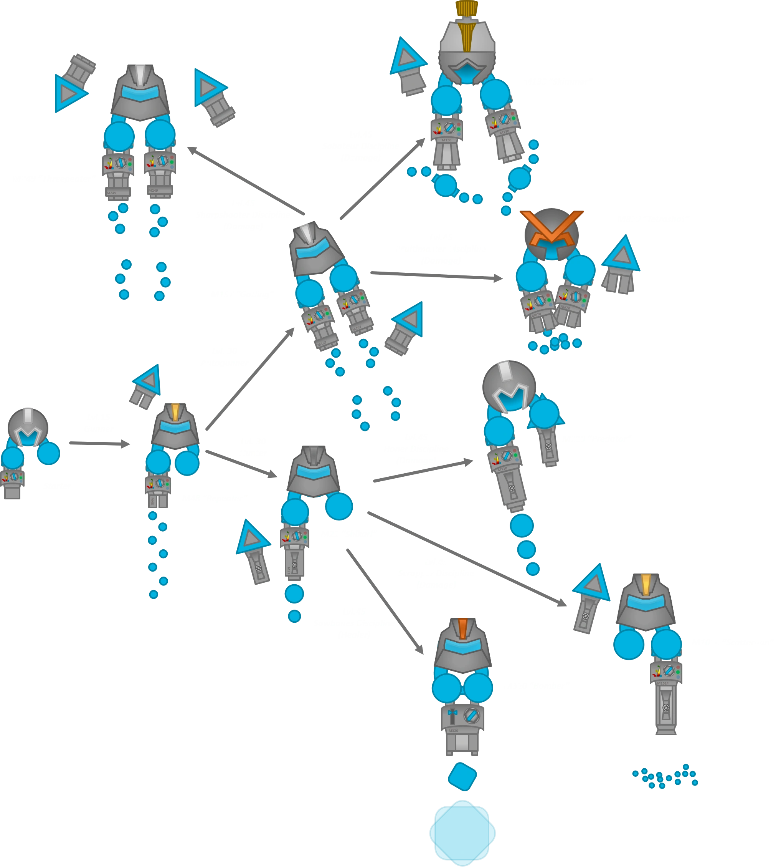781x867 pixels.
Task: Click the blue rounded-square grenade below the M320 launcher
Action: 462,777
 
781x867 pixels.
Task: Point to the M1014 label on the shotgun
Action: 663,683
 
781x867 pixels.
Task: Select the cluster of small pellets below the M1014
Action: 665,776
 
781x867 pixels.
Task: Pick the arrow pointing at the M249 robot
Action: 244,181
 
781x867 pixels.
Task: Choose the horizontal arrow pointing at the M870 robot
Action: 436,277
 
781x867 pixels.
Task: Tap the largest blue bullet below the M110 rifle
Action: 522,525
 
